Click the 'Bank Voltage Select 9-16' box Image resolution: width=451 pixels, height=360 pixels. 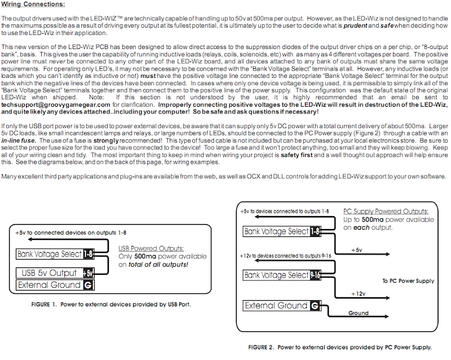[276, 275]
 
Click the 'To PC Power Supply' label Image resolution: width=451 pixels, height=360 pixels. [408, 280]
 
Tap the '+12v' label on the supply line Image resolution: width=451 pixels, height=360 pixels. [359, 294]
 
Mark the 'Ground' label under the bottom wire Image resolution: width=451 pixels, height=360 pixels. [359, 313]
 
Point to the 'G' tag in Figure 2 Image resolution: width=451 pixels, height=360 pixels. [314, 305]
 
